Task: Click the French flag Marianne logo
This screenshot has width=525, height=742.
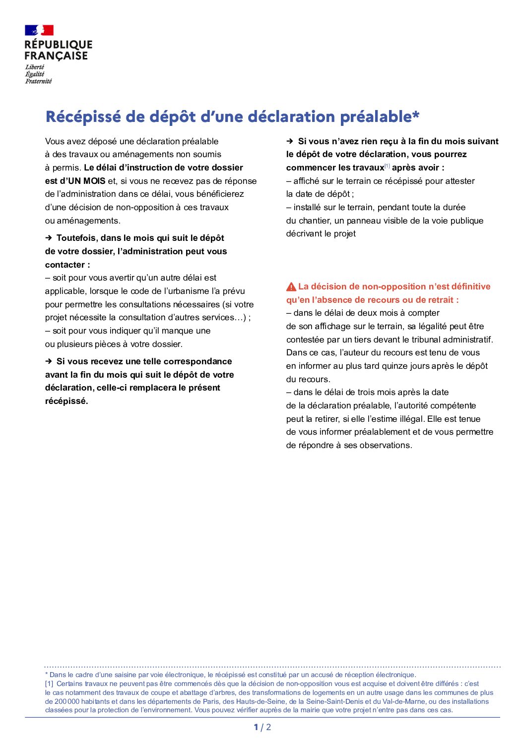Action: [x=39, y=30]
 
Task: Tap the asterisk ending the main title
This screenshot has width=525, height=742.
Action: [x=416, y=115]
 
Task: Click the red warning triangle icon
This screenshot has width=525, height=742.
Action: [x=291, y=287]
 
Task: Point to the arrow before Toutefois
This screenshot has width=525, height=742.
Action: [x=49, y=238]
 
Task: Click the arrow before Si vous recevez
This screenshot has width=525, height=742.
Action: [x=49, y=361]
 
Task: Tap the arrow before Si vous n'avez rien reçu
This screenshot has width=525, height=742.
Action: [x=290, y=141]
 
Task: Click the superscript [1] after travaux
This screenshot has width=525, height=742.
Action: [x=388, y=166]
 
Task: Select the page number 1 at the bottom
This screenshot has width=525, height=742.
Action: [x=256, y=727]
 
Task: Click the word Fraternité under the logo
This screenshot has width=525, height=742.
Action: [x=38, y=81]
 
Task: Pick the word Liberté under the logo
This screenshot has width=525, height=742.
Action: [x=35, y=67]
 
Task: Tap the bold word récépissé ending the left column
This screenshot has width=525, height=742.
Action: [x=66, y=401]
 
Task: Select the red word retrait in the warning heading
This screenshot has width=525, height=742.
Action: [x=440, y=300]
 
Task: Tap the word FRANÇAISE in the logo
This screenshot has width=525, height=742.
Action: [x=56, y=56]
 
